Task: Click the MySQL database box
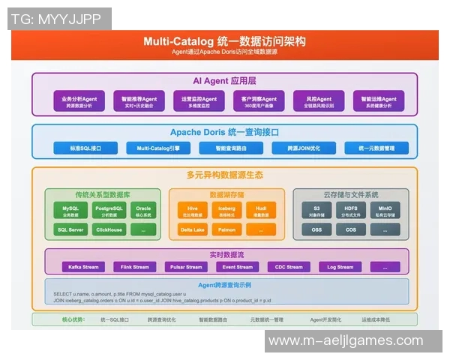click(x=70, y=210)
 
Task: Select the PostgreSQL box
click(x=109, y=210)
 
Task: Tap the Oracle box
click(x=143, y=210)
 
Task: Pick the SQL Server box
click(x=70, y=229)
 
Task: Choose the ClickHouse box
click(x=109, y=229)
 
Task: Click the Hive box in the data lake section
click(x=193, y=210)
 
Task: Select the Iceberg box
click(x=227, y=210)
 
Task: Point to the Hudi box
click(x=261, y=210)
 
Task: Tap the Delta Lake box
click(x=193, y=229)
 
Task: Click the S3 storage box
click(x=316, y=210)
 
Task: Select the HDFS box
click(x=351, y=210)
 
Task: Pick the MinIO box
click(x=385, y=210)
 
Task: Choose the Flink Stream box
click(x=135, y=266)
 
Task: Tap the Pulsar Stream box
click(x=186, y=266)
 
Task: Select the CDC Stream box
click(x=289, y=266)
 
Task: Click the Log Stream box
click(x=340, y=266)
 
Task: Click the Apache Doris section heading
click(x=224, y=132)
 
